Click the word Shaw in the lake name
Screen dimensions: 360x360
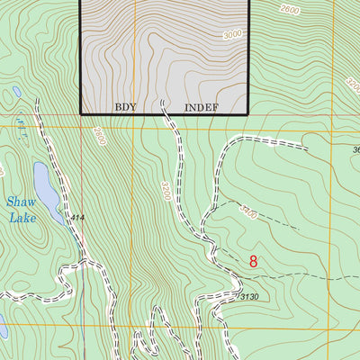17,203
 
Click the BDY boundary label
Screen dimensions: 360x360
125,106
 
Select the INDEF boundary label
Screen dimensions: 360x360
202,106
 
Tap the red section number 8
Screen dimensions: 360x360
254,262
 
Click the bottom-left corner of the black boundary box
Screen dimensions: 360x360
82,113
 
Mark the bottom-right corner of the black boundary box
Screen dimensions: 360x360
247,113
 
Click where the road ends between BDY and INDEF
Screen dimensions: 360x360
163,103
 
